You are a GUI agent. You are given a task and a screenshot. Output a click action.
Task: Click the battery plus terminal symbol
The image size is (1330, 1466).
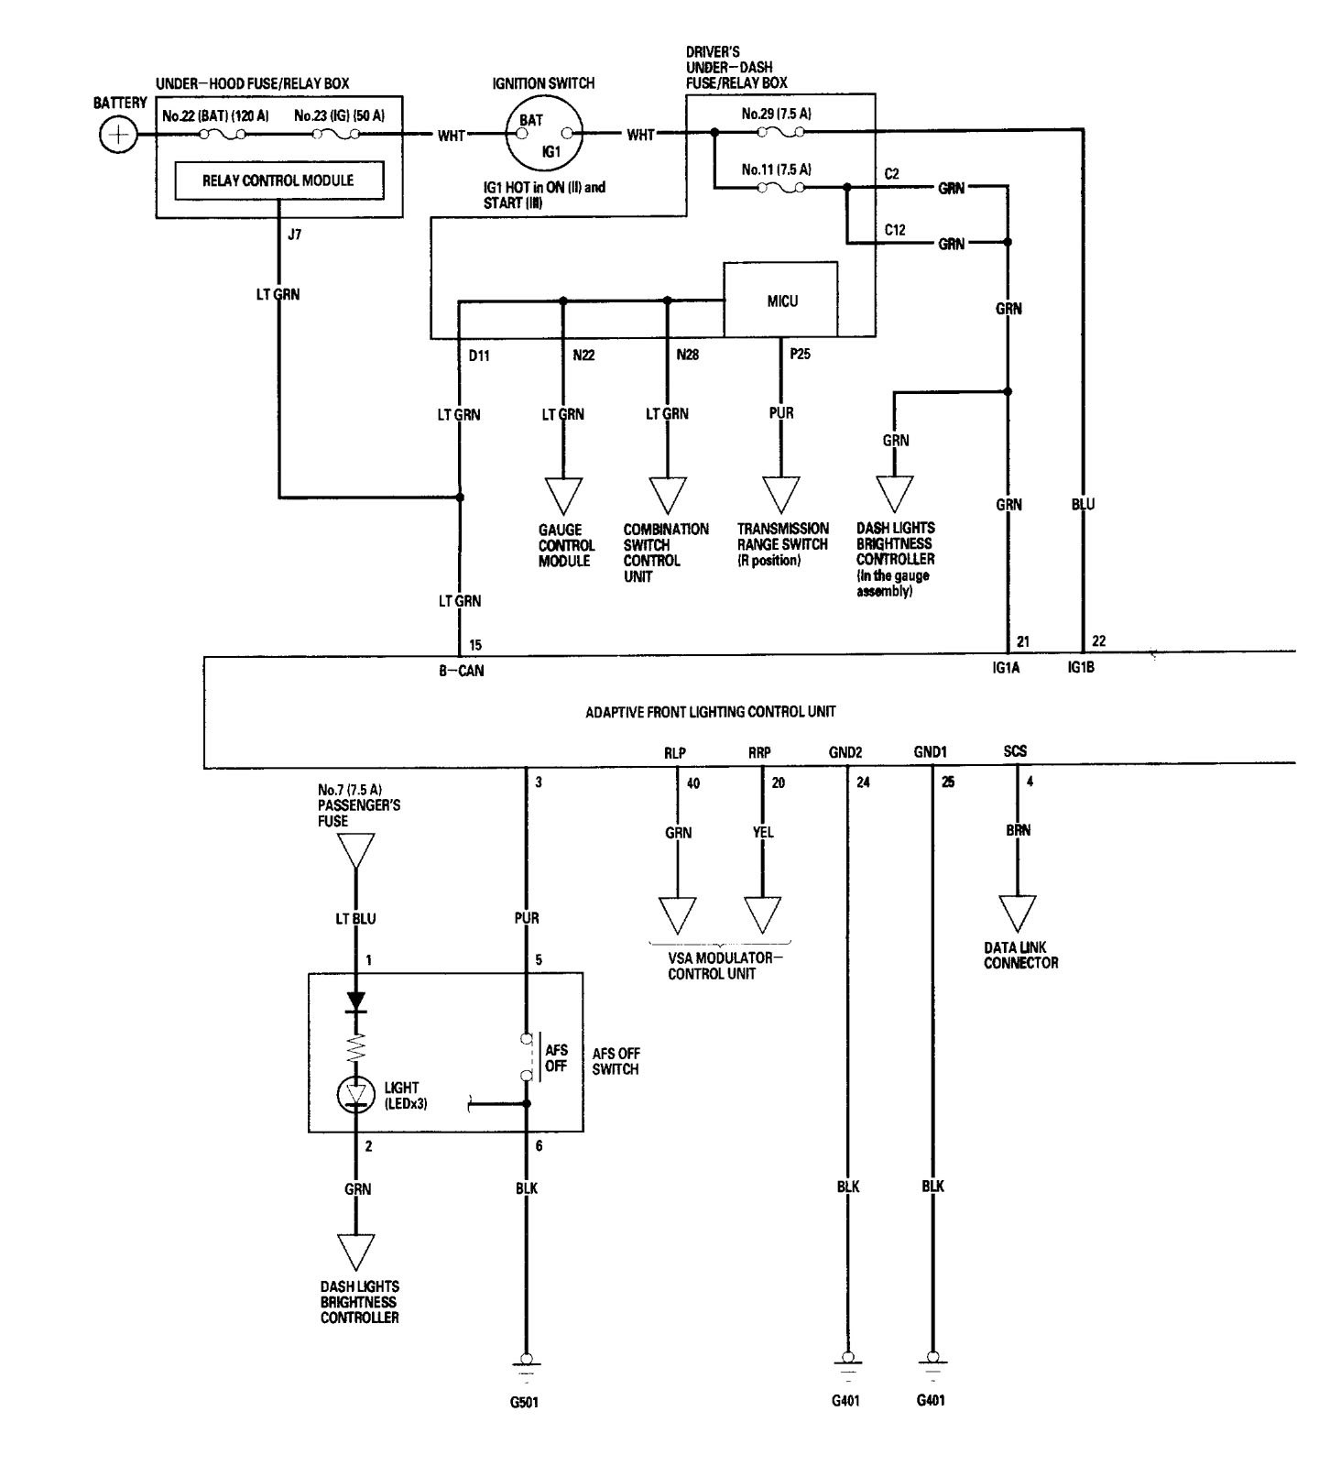[117, 137]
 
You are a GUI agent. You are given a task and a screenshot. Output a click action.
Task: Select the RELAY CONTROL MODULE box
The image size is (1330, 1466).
[278, 181]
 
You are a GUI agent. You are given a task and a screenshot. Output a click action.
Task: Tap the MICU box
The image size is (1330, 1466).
[781, 300]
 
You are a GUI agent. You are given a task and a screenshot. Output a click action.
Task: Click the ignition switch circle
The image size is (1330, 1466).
[544, 135]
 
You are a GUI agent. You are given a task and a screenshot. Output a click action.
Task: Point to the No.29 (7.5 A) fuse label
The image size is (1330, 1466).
[776, 115]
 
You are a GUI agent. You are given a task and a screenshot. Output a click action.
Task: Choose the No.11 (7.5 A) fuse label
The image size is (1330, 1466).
[776, 170]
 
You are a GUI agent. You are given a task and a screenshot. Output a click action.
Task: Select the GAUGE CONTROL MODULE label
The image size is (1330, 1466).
[566, 545]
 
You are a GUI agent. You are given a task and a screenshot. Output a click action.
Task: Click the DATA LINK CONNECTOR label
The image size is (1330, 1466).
[1020, 956]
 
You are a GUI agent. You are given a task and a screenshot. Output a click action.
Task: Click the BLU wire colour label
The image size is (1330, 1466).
[1083, 504]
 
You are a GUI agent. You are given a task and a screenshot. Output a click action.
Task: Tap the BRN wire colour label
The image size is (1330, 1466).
[1018, 830]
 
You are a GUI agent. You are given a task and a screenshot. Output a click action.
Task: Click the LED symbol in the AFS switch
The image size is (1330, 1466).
[356, 1094]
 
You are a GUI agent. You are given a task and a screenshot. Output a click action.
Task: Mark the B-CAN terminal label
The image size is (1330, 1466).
[461, 671]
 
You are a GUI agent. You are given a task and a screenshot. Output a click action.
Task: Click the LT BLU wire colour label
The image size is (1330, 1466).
[355, 918]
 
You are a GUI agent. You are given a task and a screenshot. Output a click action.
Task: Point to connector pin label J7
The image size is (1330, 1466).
[294, 235]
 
